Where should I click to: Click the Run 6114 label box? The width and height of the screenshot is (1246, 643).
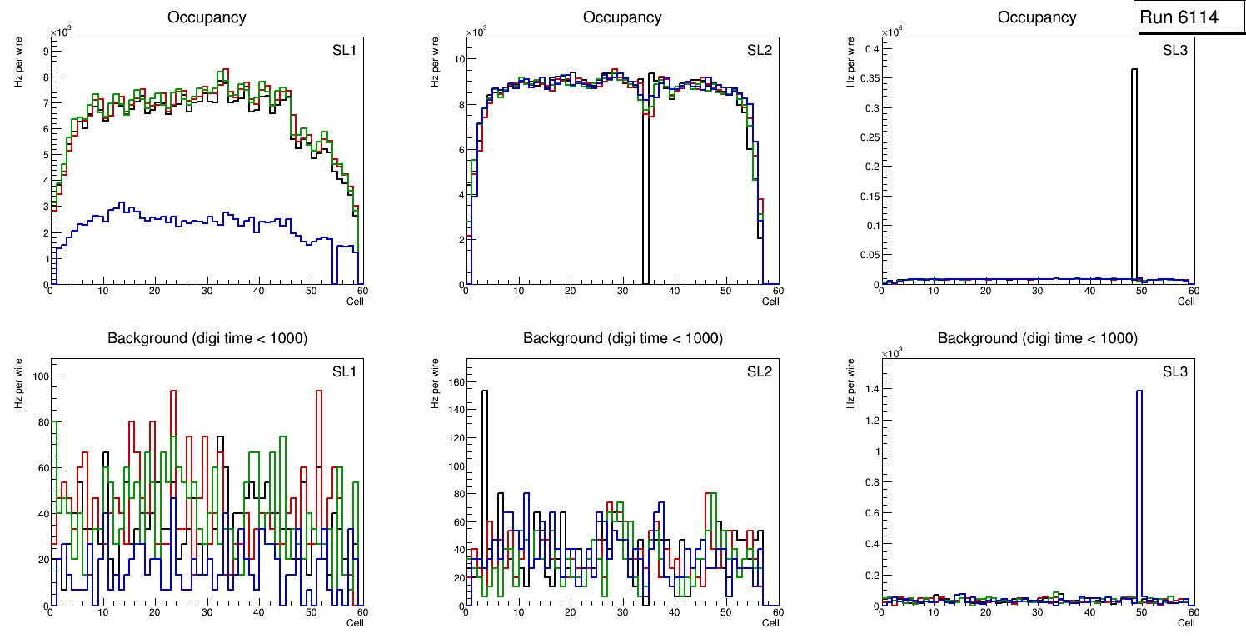tap(1188, 17)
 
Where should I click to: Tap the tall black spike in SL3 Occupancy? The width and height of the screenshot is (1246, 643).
tap(1134, 167)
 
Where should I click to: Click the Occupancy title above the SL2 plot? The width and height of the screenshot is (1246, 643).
tap(622, 17)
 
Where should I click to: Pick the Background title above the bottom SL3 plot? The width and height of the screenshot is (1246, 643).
tap(1038, 338)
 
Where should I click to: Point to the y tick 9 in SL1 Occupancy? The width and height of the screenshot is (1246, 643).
tap(45, 51)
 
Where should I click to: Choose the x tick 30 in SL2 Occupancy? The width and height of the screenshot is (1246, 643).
tap(621, 291)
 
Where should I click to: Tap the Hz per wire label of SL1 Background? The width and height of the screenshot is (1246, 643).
tap(18, 382)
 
